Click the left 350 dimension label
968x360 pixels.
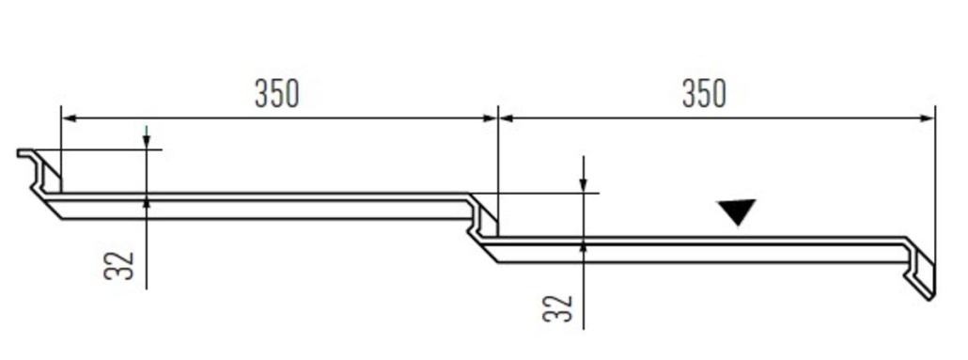coord(277,94)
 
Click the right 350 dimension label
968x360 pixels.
coord(705,94)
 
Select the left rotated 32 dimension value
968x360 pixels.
coord(119,265)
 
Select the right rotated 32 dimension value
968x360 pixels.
coord(558,308)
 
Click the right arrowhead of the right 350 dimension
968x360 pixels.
coord(928,117)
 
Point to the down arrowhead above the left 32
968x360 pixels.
coord(147,142)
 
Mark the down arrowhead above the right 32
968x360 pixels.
coord(584,185)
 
